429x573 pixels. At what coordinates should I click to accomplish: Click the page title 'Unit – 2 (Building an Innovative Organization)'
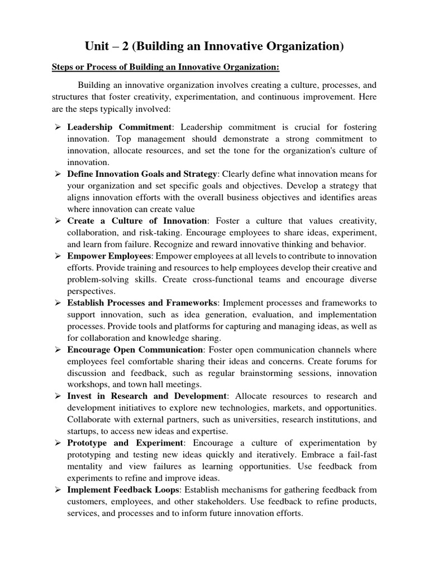214,47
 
